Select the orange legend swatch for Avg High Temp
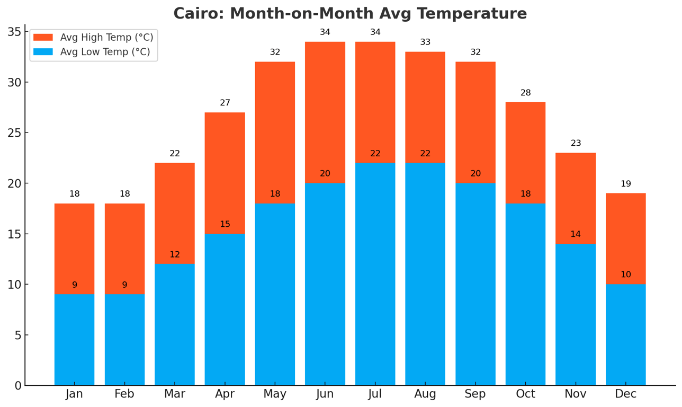pyautogui.click(x=43, y=38)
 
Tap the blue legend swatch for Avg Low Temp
pyautogui.click(x=43, y=52)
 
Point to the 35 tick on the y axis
pyautogui.click(x=14, y=32)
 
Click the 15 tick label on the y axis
pyautogui.click(x=14, y=234)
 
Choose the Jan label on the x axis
pyautogui.click(x=75, y=394)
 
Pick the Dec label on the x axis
pyautogui.click(x=625, y=394)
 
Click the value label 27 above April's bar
pyautogui.click(x=225, y=103)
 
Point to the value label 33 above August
pyautogui.click(x=425, y=42)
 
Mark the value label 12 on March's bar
pyautogui.click(x=175, y=255)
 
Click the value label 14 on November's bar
pyautogui.click(x=576, y=234)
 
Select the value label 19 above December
pyautogui.click(x=626, y=184)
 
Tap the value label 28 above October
pyautogui.click(x=525, y=93)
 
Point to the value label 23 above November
pyautogui.click(x=576, y=143)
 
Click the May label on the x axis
pyautogui.click(x=275, y=394)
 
